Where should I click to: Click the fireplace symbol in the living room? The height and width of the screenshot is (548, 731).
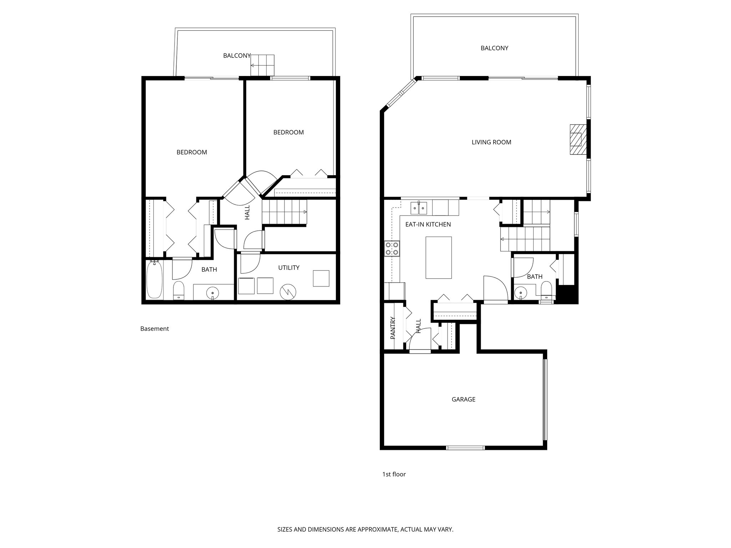point(578,139)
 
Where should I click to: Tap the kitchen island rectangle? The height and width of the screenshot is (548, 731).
point(438,257)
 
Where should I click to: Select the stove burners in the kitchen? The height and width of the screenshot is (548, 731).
point(392,248)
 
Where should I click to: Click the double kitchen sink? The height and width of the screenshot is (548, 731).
point(419,208)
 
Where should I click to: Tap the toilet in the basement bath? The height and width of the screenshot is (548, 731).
point(178,290)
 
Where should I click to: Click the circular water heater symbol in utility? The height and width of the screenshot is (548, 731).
point(288,291)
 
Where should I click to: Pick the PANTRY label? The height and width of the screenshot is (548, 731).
point(393,328)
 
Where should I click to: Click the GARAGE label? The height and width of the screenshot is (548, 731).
point(463,399)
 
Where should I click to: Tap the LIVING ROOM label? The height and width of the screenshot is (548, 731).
point(491,142)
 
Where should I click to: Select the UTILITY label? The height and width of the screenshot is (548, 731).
point(288,268)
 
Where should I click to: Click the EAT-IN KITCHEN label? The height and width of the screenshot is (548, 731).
point(428,224)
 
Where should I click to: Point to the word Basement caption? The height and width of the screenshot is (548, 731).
point(154,329)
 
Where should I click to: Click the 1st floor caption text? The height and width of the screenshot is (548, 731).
point(394,474)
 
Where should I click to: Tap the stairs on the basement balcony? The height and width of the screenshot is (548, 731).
point(262,65)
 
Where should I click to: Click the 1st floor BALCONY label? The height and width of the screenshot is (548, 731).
point(494,48)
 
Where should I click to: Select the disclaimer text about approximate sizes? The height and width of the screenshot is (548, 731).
point(365,529)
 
